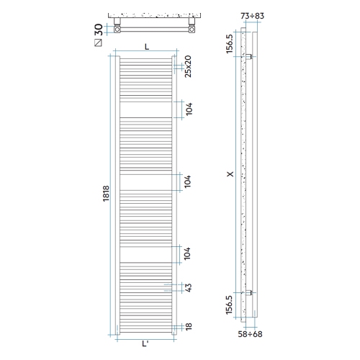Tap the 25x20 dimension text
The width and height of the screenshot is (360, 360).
click(187, 66)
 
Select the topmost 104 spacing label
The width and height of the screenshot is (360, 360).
click(187, 109)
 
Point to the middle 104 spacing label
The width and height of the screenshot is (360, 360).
click(187, 181)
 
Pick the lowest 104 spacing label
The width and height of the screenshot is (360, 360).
click(187, 254)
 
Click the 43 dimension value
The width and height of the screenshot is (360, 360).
click(187, 288)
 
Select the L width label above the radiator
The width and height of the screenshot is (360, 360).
click(146, 46)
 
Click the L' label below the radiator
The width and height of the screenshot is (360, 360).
click(146, 343)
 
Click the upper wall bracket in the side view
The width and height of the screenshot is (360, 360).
click(248, 56)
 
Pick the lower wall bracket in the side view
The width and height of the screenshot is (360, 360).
click(248, 293)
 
